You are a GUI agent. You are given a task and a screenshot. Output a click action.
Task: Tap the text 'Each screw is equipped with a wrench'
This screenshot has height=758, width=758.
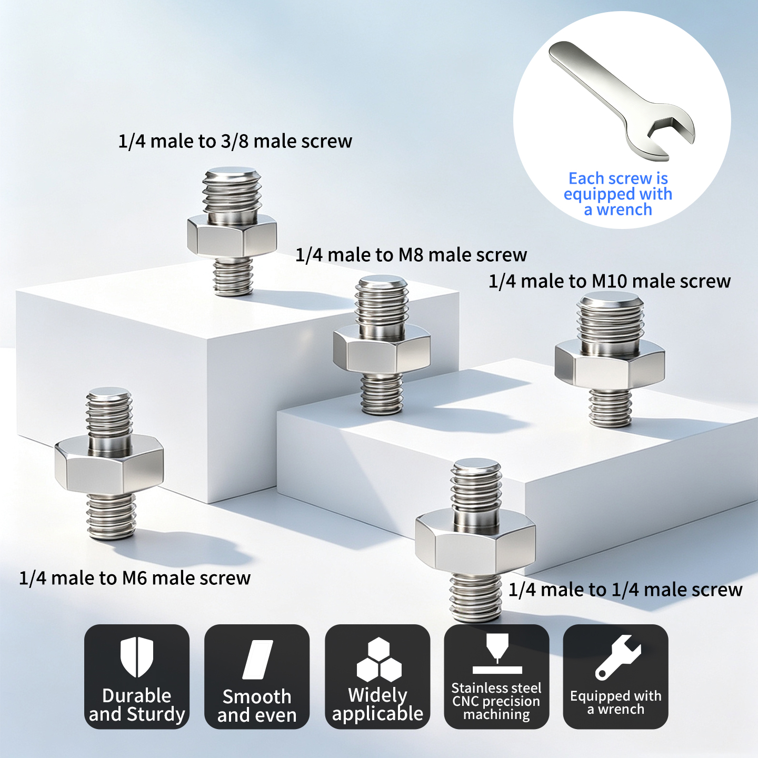(618, 194)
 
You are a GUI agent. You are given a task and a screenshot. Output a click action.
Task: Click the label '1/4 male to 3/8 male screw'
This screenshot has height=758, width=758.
(235, 141)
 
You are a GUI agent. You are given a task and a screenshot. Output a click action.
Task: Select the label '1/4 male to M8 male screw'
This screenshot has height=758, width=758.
(411, 255)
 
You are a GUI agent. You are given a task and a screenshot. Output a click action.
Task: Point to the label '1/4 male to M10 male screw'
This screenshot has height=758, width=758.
(610, 281)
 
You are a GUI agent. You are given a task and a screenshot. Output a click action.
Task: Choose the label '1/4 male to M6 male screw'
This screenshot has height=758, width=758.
(135, 578)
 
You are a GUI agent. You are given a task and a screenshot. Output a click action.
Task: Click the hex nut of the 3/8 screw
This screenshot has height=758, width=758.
(232, 236)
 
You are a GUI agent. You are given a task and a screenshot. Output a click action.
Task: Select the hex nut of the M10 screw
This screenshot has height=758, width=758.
(610, 364)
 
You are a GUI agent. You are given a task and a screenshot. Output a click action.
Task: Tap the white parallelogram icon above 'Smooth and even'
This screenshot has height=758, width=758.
(257, 660)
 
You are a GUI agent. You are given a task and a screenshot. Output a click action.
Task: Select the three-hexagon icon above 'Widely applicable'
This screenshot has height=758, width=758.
(379, 659)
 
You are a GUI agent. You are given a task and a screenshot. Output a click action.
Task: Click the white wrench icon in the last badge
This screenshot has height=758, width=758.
(617, 657)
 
